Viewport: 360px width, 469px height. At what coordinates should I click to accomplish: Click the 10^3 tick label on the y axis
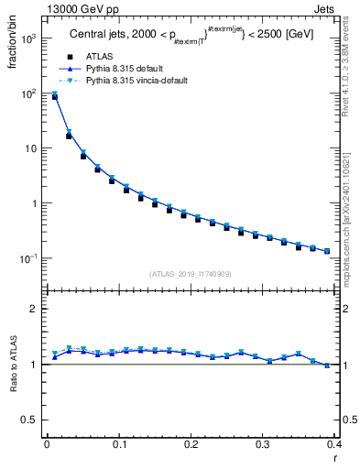click(x=29, y=39)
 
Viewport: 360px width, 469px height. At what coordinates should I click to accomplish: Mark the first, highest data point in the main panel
click(x=54, y=95)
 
